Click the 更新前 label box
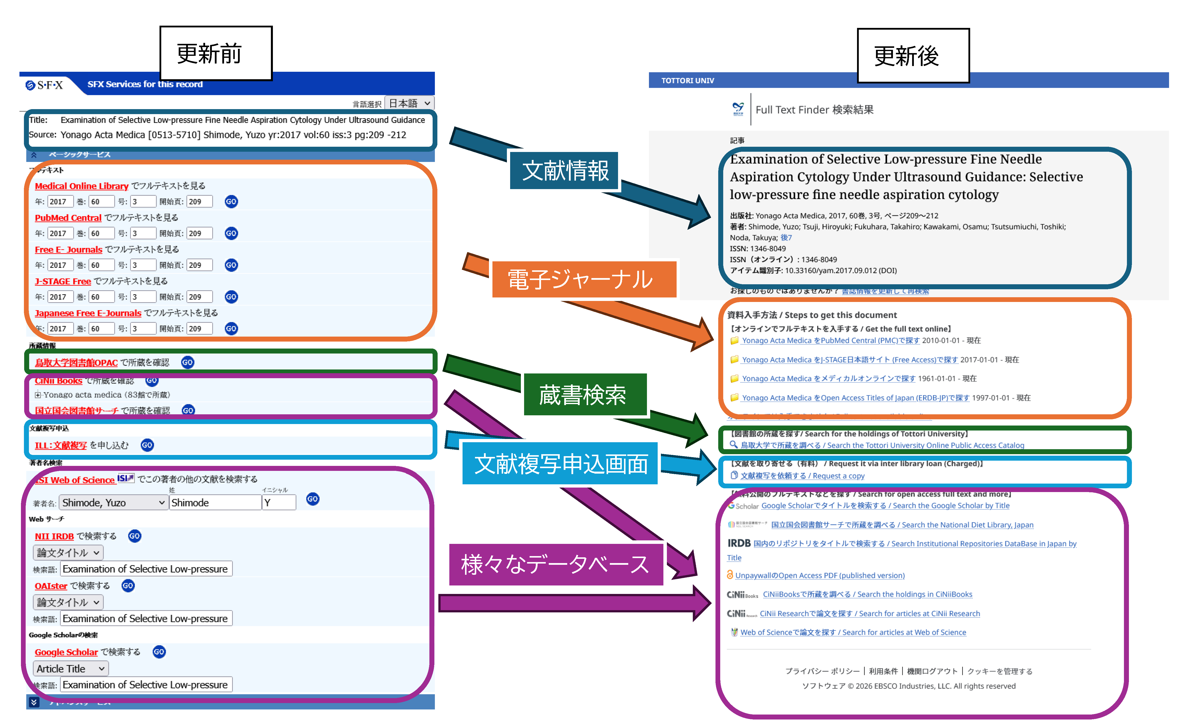point(216,53)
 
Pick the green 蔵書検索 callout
point(584,395)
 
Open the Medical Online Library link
point(81,186)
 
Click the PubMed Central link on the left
point(68,217)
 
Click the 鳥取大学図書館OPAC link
point(76,363)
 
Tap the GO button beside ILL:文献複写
point(147,445)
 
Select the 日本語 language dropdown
point(409,103)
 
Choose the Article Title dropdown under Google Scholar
point(71,669)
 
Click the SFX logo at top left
point(45,85)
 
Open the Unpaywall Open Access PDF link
point(819,576)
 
